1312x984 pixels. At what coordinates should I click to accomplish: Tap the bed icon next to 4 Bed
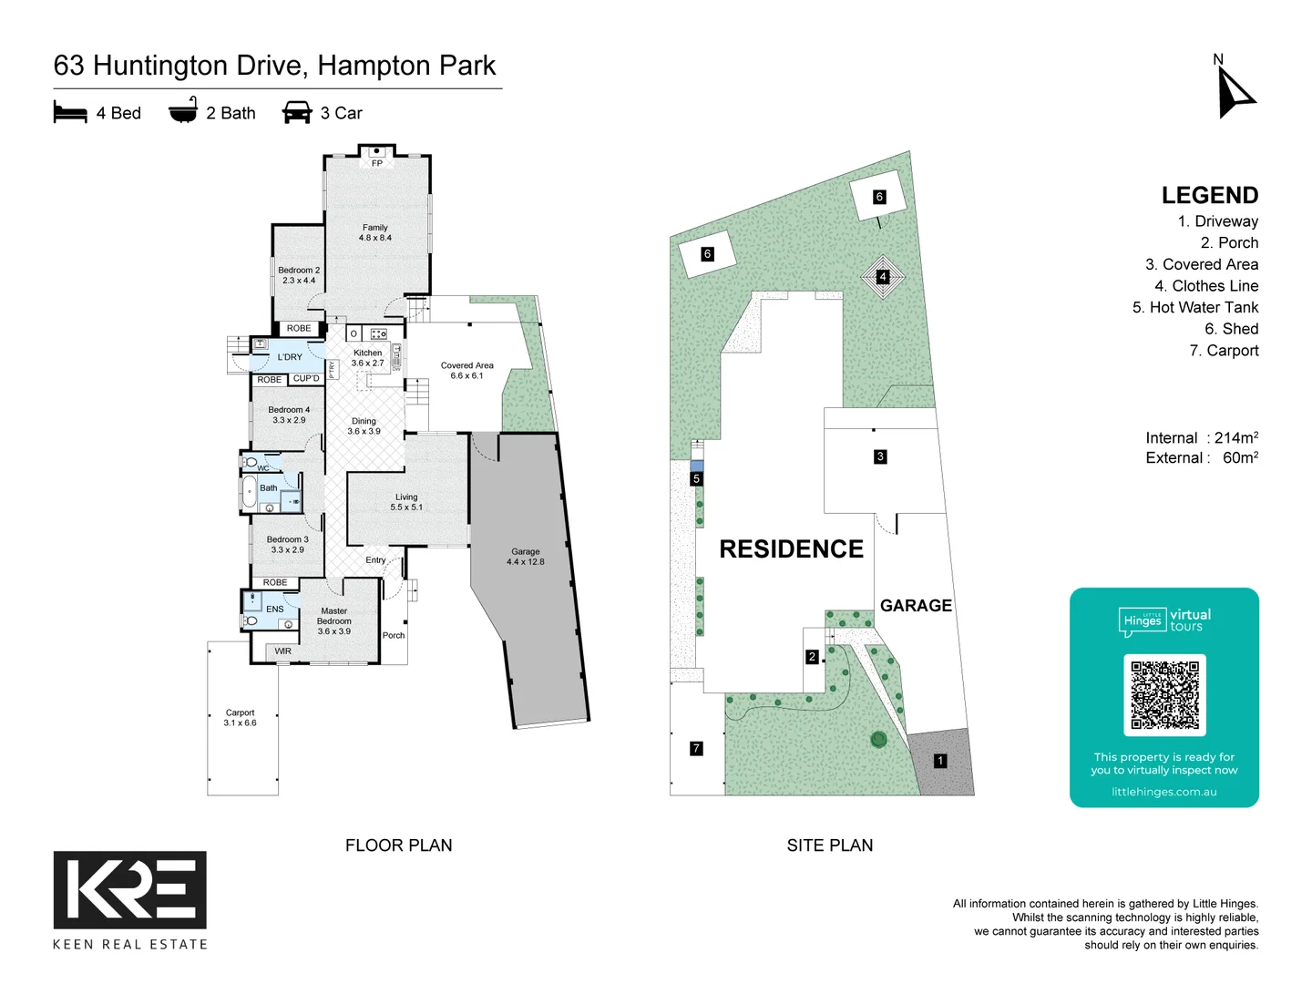point(70,113)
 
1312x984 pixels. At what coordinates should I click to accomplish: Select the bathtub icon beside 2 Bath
point(183,110)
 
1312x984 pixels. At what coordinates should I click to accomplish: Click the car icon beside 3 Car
point(297,113)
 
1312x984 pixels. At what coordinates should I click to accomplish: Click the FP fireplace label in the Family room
point(377,163)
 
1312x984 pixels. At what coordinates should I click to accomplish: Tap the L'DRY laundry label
point(290,357)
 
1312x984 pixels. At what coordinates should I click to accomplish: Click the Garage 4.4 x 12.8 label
point(526,557)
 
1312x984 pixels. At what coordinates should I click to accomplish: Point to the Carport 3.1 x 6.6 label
point(241,718)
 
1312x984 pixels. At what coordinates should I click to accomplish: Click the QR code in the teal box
point(1164,694)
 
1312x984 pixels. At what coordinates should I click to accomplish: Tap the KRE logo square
point(130,889)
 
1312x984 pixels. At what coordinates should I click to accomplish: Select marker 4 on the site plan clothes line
point(882,277)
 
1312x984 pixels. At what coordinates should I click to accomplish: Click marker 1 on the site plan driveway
point(940,761)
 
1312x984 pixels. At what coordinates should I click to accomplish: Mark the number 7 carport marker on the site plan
point(696,749)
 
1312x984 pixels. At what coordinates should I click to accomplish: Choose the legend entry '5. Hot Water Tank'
point(1194,308)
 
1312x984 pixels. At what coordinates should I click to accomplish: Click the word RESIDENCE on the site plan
point(791,549)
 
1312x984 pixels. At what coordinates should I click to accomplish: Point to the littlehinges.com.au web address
point(1163,792)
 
